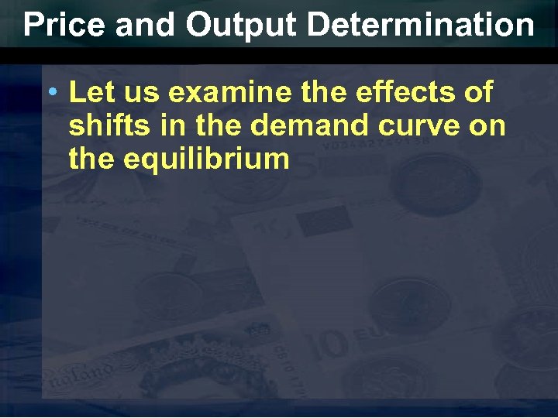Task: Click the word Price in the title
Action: click(63, 25)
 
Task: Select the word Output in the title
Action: click(241, 25)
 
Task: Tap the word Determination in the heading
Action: click(421, 25)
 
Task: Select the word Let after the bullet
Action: click(88, 93)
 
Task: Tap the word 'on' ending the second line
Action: click(487, 126)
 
